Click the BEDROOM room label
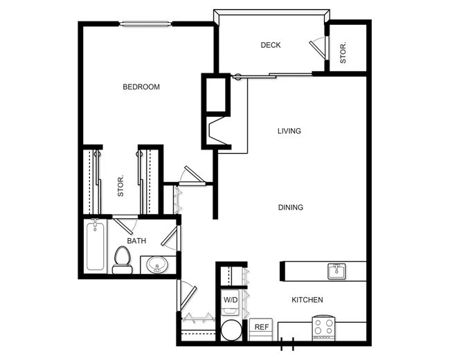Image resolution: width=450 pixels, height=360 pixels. (x=141, y=87)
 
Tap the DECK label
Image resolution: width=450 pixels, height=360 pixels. (x=271, y=46)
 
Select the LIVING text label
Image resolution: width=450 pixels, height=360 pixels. (x=289, y=131)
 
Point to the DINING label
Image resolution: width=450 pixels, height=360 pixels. (x=290, y=207)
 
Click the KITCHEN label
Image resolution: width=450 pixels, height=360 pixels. (x=307, y=300)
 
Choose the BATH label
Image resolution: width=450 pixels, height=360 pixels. (x=136, y=241)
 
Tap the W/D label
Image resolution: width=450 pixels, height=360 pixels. (x=230, y=300)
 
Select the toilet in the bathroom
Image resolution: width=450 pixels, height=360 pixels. (x=123, y=260)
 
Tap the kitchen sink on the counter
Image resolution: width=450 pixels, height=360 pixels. (x=336, y=270)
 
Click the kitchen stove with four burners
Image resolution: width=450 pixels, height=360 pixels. (x=323, y=327)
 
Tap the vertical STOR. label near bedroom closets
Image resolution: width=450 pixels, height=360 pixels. (x=120, y=186)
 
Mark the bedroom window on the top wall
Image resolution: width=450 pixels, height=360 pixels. (x=145, y=24)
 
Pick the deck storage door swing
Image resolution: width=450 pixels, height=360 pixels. (x=318, y=47)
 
